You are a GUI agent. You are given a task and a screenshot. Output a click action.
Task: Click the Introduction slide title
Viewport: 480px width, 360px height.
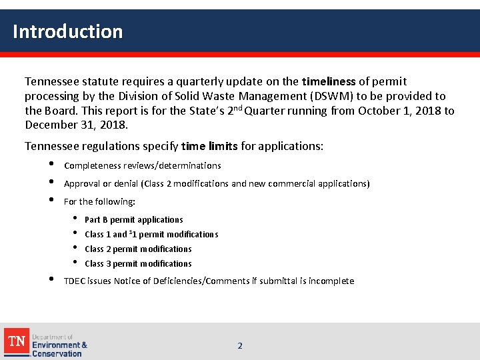coord(67,31)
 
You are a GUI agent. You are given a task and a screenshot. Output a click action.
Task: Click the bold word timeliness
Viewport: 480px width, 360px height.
coord(329,82)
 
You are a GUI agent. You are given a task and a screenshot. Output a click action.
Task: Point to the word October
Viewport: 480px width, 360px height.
coord(377,111)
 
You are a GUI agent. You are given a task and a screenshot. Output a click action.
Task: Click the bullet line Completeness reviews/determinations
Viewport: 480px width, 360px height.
coord(142,165)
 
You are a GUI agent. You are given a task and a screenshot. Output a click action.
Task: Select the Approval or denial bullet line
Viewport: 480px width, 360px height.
coord(217,183)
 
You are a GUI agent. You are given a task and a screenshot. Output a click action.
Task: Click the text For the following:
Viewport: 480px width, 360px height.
coord(99,201)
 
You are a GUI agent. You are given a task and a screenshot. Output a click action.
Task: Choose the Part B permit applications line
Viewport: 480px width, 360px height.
coord(133,219)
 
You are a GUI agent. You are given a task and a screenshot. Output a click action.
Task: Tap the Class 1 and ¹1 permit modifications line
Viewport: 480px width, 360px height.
coord(151,234)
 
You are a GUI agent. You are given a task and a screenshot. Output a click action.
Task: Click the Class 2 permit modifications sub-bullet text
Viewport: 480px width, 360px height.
coord(138,249)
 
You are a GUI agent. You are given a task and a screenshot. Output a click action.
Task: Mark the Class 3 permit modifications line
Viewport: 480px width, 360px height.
coord(138,263)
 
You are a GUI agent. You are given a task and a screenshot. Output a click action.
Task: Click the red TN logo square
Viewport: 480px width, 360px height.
coord(17,341)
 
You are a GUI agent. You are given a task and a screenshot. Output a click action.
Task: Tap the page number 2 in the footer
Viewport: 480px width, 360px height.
coord(240,345)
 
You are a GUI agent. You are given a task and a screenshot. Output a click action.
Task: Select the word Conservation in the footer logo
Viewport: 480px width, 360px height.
coord(57,353)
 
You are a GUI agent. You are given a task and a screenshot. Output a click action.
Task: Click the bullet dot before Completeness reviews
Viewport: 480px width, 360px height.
coord(51,165)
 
